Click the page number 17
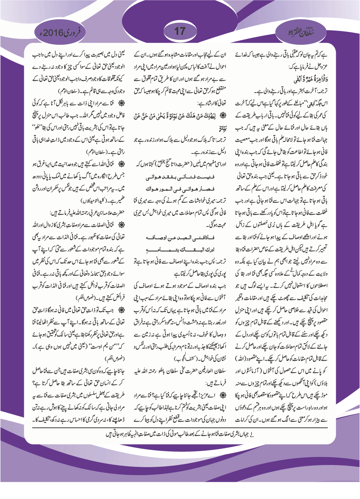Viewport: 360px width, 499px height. pyautogui.click(x=180, y=31)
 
